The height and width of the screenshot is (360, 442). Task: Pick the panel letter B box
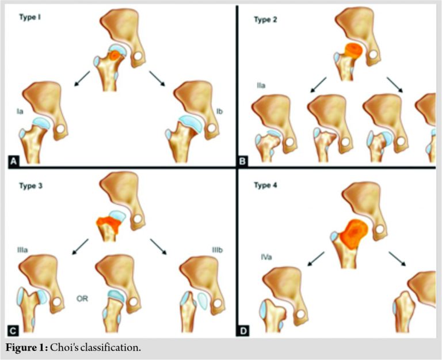[243, 161]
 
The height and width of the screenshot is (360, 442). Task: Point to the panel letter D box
[243, 331]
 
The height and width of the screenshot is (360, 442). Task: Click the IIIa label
[27, 249]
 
